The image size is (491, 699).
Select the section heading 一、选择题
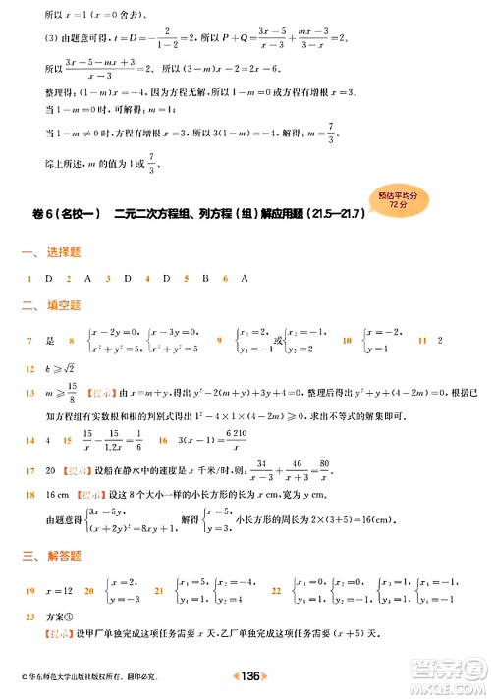43,253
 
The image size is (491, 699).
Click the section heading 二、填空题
43,305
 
